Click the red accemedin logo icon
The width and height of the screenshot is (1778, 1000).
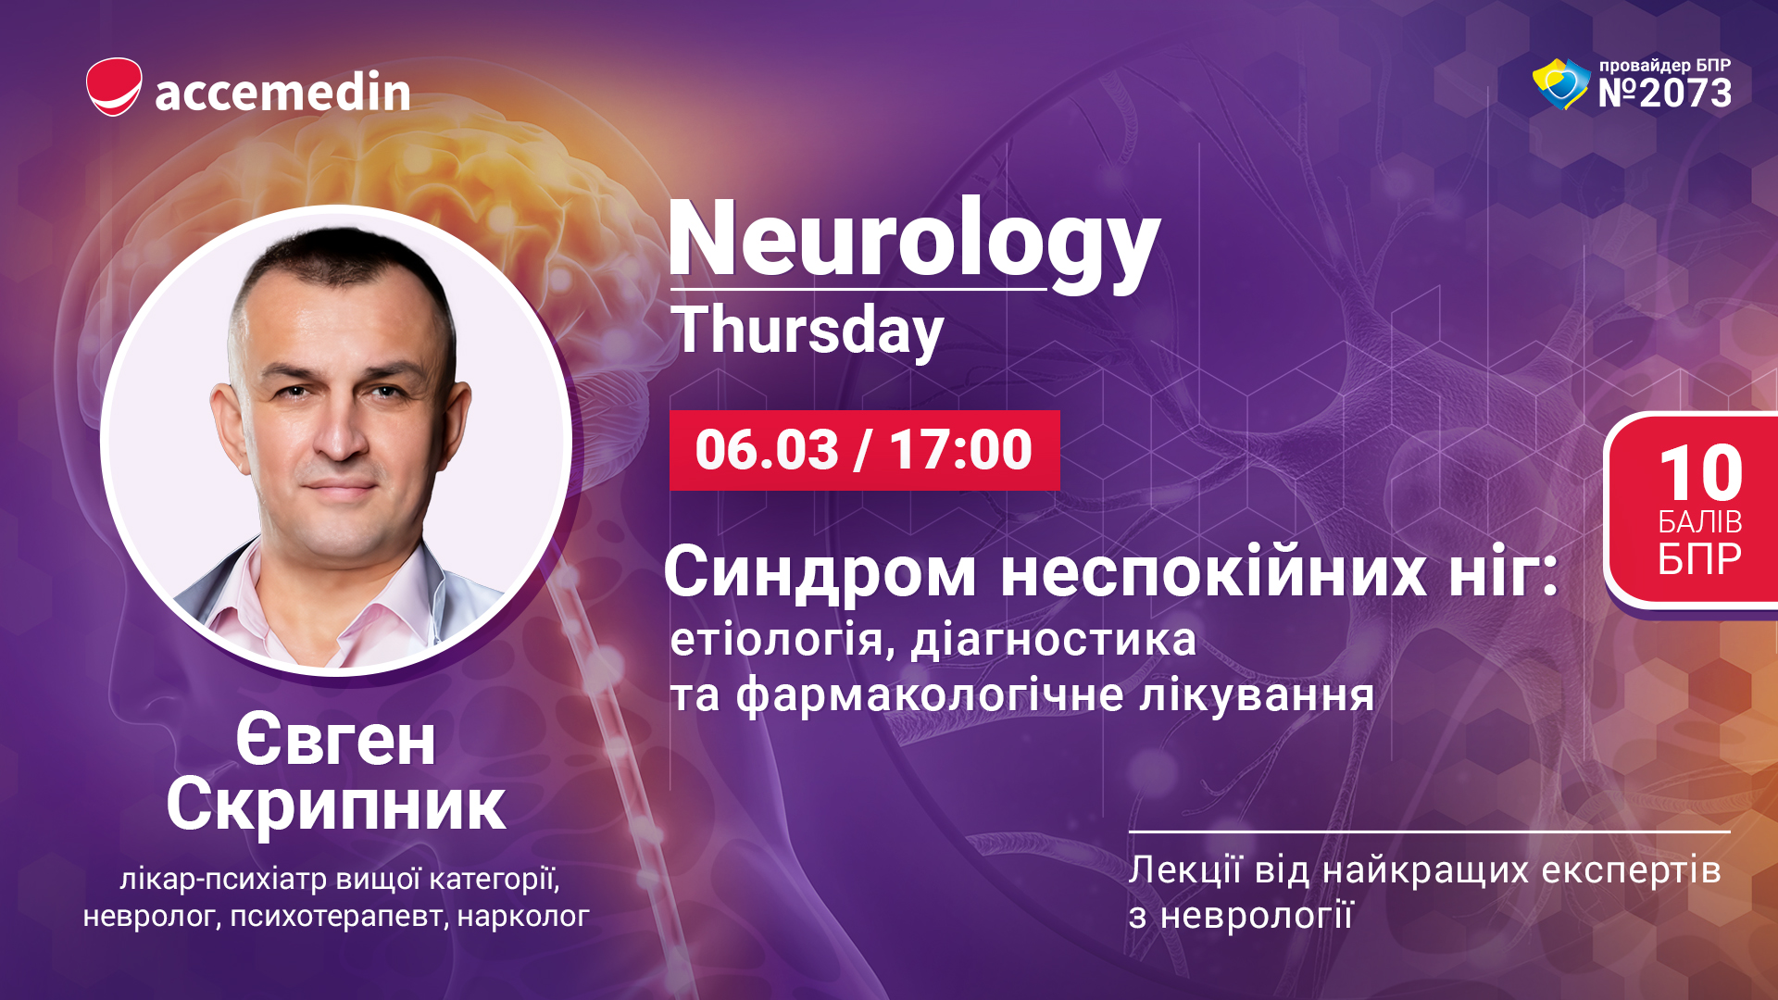114,87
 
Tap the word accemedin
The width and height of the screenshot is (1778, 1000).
282,92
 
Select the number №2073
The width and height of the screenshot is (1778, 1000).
1664,94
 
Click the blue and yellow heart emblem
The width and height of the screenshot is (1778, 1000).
1561,84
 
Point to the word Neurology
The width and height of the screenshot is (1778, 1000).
913,242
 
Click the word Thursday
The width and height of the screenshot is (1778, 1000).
808,331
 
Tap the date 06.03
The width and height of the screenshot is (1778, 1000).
767,450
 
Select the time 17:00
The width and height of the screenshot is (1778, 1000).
960,450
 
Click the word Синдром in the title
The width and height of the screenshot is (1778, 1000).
820,573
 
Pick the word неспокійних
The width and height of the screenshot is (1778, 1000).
1214,573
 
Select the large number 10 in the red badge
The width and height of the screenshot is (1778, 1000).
1701,473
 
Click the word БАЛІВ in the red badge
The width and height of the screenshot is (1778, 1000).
1700,522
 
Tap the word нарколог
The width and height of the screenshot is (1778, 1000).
523,917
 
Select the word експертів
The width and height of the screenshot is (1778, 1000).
1616,871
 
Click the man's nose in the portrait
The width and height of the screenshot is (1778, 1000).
341,433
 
